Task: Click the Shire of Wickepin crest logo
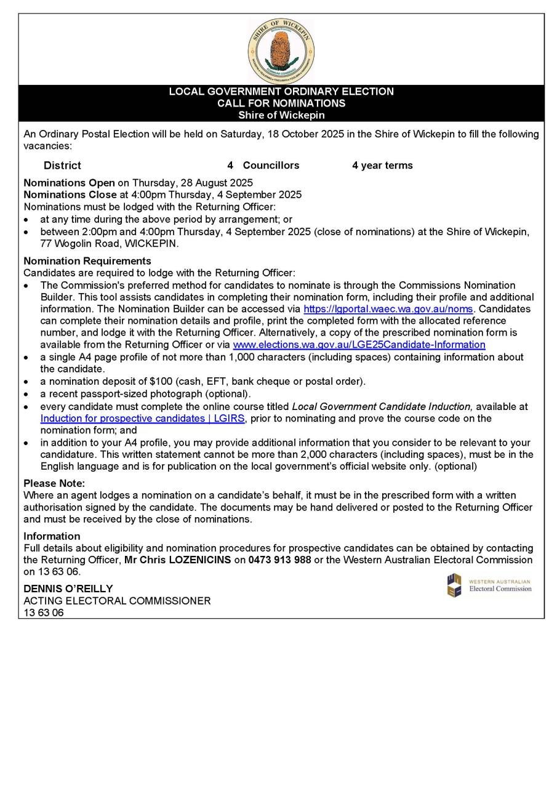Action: tap(281, 51)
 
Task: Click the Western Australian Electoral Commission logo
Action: tap(489, 585)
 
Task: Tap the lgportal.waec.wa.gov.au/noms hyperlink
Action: tap(388, 309)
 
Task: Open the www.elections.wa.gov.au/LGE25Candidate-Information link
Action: tap(359, 345)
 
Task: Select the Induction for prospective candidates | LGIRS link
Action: tap(142, 419)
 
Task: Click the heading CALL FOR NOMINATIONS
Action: tap(281, 103)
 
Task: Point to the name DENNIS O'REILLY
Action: tap(68, 589)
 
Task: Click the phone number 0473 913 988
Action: tap(279, 560)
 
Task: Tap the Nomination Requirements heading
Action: tap(87, 261)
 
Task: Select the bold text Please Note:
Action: tap(54, 483)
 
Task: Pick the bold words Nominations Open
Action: tap(69, 183)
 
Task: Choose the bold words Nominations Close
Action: tap(70, 195)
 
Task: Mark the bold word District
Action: tap(62, 166)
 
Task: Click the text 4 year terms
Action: tap(382, 166)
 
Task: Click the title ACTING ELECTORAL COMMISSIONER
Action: tap(117, 601)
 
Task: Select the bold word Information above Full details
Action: tap(52, 536)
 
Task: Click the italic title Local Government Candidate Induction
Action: tap(382, 407)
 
